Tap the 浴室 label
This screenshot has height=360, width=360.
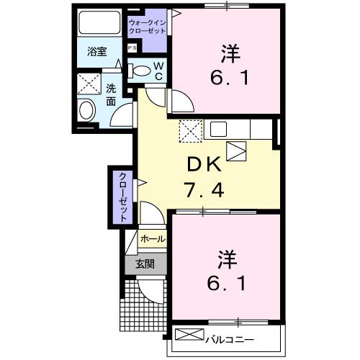[x=97, y=53]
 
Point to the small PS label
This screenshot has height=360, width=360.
[x=132, y=48]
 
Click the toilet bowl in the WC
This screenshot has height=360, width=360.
[x=143, y=71]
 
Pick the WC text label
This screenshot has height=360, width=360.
[x=159, y=70]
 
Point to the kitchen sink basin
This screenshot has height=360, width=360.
[x=219, y=129]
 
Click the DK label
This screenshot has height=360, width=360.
[x=204, y=166]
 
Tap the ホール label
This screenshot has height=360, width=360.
[x=152, y=238]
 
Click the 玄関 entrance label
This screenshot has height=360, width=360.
[x=145, y=264]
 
